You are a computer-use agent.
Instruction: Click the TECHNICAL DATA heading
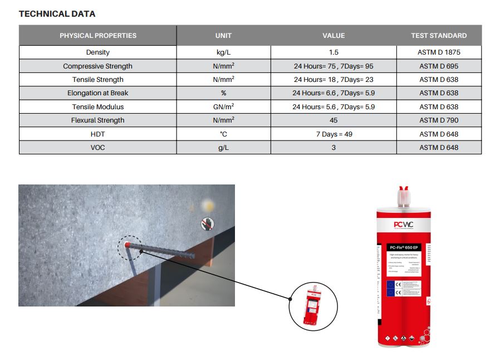pos(57,14)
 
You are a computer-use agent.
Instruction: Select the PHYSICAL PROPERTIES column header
pos(98,36)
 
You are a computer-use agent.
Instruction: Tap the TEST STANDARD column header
pos(439,36)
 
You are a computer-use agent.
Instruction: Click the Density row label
pos(98,52)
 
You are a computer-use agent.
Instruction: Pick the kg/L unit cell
pos(223,52)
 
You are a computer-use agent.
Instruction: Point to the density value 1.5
pos(334,52)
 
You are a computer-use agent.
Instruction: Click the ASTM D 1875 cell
pos(439,52)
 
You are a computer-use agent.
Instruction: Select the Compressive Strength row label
pos(98,66)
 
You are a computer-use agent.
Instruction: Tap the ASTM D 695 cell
pos(439,66)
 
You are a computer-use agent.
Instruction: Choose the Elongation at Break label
pos(98,93)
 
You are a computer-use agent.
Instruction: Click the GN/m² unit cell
pos(223,107)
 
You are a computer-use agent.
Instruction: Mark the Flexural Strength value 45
pos(334,120)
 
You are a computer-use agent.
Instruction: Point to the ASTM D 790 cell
pos(439,120)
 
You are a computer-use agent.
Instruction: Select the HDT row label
pos(98,134)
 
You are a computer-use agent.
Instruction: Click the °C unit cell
pos(223,134)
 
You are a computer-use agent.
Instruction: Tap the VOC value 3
pos(334,148)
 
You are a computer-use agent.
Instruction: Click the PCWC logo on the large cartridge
pos(404,225)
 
